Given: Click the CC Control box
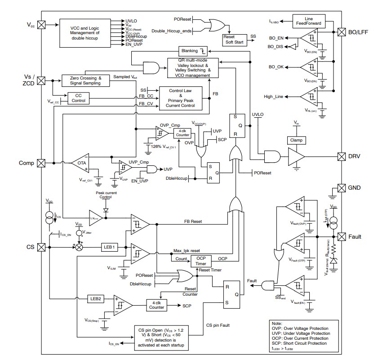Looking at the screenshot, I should pos(78,98).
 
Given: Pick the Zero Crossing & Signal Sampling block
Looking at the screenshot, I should pos(86,80).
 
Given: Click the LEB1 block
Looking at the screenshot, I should pos(111,247).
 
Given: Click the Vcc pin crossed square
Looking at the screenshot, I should pos(41,25).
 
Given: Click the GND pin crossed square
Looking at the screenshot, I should pos(341,188).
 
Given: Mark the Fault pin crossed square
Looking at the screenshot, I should pos(341,237).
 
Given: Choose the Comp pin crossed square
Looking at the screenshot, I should pos(41,163).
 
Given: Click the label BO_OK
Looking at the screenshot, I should pos(276,67).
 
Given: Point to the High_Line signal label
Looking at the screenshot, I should pos(275,96).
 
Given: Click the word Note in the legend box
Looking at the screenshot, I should pos(277,323).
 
